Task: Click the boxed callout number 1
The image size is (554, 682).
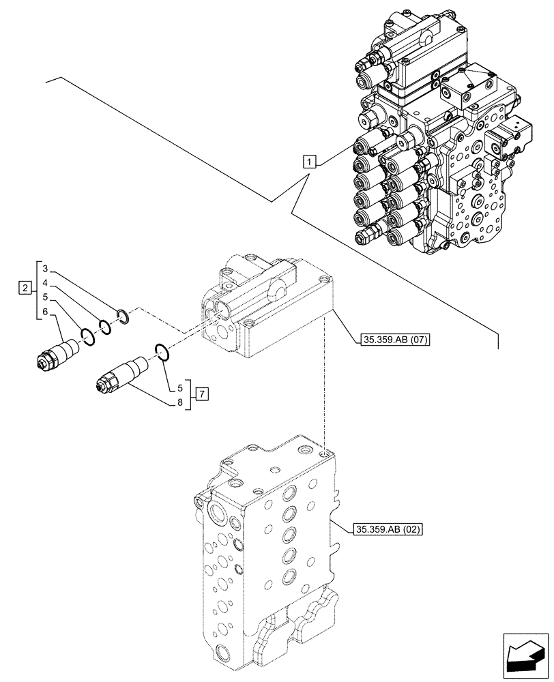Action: [x=310, y=162]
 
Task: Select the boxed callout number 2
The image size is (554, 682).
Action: [x=25, y=288]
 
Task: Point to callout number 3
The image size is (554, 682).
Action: [x=45, y=267]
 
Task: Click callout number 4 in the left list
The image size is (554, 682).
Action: [x=45, y=282]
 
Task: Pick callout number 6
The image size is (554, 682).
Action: [x=45, y=312]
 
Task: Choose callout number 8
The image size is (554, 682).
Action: [x=181, y=403]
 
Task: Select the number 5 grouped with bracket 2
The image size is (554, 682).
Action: [x=45, y=297]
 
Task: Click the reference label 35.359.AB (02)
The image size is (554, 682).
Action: [x=389, y=529]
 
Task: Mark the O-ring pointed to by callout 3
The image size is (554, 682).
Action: [x=123, y=314]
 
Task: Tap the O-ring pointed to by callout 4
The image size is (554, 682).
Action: [x=104, y=325]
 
